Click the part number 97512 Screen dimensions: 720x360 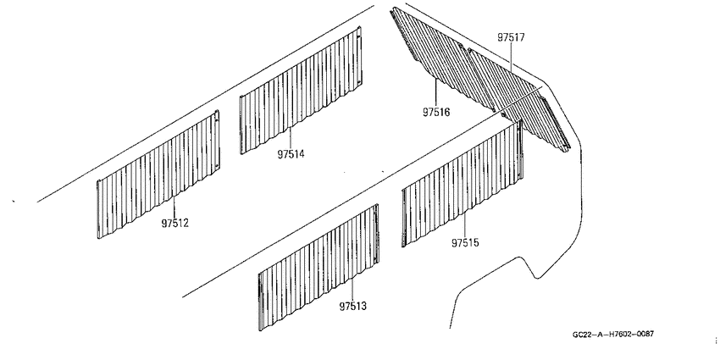coord(174,223)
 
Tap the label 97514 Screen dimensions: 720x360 coord(291,154)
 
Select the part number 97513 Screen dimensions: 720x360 coord(353,306)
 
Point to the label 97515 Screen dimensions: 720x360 coord(465,242)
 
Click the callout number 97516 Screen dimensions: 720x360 coord(436,112)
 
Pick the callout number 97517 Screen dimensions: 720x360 coord(511,37)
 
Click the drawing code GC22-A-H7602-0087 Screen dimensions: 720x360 coord(613,335)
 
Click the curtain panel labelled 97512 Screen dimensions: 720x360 coord(158,174)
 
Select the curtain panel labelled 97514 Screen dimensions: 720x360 coord(301,91)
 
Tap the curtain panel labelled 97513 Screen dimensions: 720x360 coord(318,267)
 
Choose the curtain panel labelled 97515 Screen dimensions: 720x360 coord(462,184)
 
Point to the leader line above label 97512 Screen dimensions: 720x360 coord(174,207)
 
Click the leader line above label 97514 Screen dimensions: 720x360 coord(291,138)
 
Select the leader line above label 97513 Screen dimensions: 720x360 coord(352,290)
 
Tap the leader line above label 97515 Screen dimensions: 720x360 coord(464,225)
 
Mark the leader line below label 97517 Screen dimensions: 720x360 coord(511,58)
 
